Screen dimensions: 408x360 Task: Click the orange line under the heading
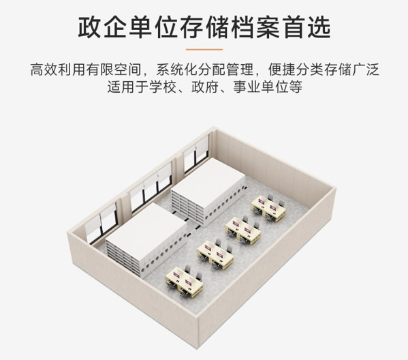tap(204, 49)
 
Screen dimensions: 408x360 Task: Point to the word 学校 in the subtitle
tap(163, 87)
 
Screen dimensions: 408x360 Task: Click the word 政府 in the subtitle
tap(205, 87)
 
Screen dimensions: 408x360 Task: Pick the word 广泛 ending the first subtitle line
tap(365, 70)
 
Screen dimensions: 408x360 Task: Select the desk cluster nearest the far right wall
tap(268, 207)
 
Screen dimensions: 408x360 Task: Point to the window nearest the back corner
tap(196, 154)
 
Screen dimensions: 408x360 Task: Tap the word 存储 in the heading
tap(204, 28)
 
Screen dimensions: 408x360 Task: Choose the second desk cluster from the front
tap(215, 255)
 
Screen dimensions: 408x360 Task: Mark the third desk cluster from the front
tap(243, 230)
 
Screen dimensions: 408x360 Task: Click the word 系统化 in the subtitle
tap(176, 70)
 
